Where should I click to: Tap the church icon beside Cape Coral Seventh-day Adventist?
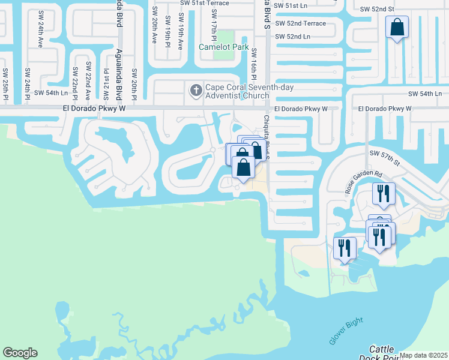(195, 91)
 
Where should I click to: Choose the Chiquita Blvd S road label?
(267, 137)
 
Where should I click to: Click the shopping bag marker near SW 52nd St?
(397, 28)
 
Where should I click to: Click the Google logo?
(20, 353)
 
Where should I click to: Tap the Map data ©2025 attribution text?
(423, 355)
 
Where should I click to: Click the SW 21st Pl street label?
(106, 83)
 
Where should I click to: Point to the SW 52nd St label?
(377, 10)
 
